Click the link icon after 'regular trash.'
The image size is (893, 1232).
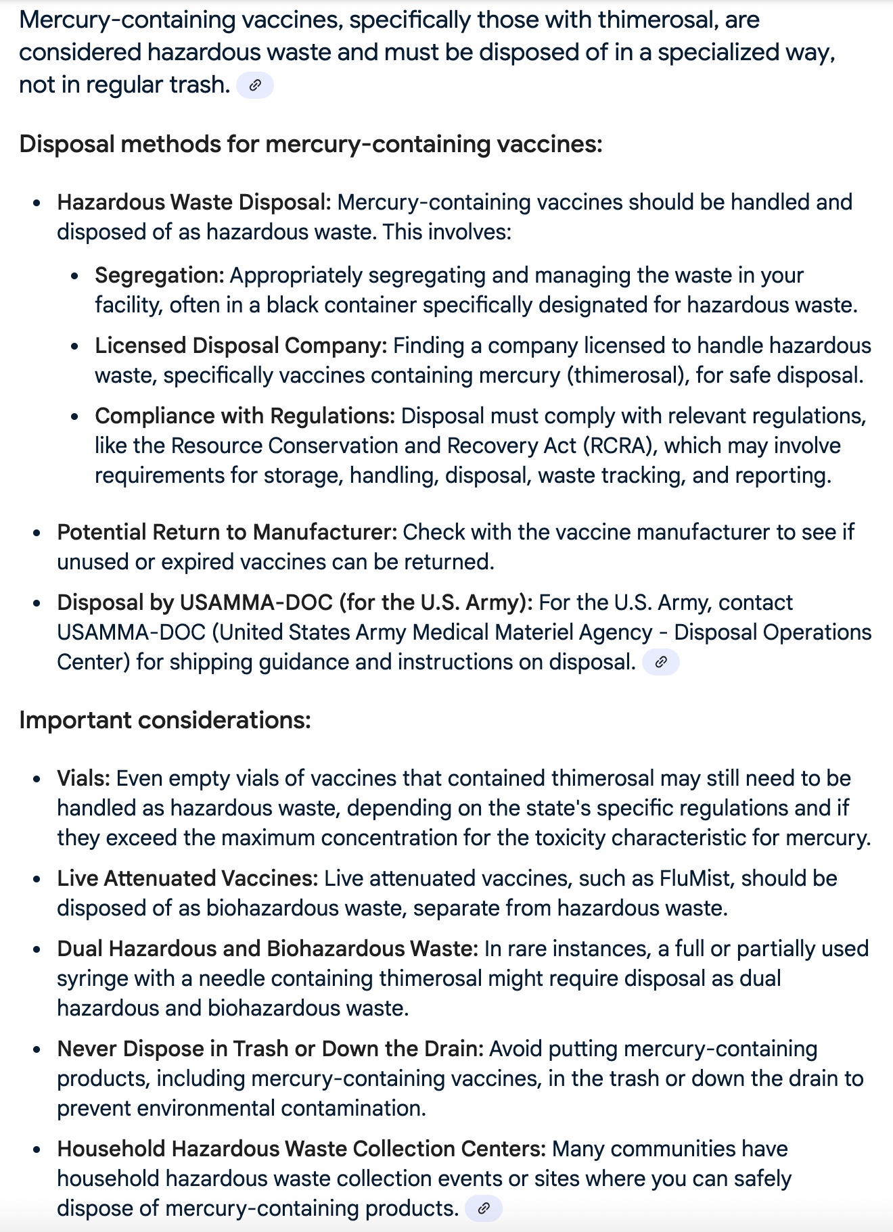click(x=255, y=85)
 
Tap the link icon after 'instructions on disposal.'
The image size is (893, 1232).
click(x=661, y=662)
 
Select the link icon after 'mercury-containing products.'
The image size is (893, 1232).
click(x=483, y=1208)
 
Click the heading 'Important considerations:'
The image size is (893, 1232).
click(x=165, y=720)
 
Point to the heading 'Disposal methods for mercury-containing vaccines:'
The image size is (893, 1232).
click(x=311, y=144)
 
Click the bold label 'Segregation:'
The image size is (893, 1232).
click(x=160, y=275)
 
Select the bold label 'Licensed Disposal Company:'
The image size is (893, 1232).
click(x=241, y=346)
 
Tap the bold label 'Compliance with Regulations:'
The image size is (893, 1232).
click(x=245, y=416)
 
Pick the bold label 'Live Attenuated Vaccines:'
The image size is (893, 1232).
click(x=187, y=878)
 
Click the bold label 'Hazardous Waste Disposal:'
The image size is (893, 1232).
click(x=194, y=202)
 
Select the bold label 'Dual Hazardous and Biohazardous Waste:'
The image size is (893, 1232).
click(x=268, y=949)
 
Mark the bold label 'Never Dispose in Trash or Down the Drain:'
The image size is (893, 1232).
click(x=271, y=1049)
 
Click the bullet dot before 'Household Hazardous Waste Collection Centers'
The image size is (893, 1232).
click(x=37, y=1150)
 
